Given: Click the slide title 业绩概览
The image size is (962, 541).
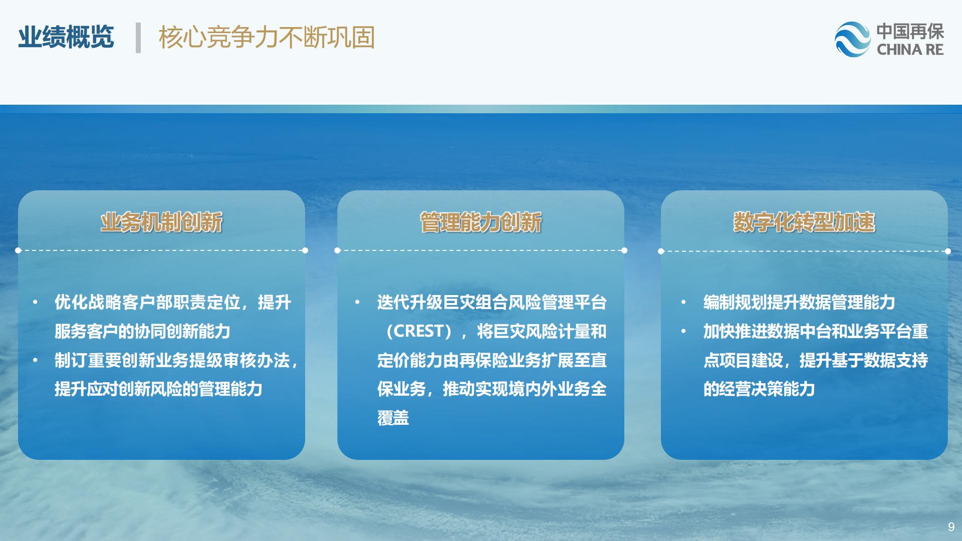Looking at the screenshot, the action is click(66, 37).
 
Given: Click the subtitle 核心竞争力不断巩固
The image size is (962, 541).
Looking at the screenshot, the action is click(267, 37).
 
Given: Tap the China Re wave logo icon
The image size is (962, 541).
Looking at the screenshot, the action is click(853, 39).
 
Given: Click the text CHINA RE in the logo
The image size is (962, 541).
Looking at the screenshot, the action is click(910, 50).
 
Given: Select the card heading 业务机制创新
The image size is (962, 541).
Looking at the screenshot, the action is click(161, 222).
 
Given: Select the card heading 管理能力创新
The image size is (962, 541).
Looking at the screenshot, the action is click(481, 222).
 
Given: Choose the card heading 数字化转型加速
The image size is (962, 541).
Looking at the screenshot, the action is click(804, 222).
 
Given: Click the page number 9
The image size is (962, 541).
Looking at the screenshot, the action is click(951, 526).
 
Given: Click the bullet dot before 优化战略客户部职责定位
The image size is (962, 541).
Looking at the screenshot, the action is click(35, 302).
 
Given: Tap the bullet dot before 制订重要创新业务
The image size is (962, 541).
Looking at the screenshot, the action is click(35, 360).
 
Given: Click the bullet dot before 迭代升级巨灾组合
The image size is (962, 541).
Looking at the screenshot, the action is click(357, 302).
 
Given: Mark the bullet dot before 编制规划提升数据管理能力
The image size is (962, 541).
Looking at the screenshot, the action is click(683, 302).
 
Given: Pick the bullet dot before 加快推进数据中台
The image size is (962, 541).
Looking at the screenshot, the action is click(683, 331).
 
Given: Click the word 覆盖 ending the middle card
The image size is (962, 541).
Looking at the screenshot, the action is click(393, 418).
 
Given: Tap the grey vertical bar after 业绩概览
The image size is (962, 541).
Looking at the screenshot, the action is click(138, 38).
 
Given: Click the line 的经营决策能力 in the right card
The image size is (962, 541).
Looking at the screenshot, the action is click(759, 389).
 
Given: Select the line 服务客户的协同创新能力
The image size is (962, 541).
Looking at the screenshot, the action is click(142, 331).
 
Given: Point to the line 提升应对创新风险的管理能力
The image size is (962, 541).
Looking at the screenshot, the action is click(158, 389).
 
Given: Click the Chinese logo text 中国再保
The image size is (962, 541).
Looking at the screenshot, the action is click(910, 32).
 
